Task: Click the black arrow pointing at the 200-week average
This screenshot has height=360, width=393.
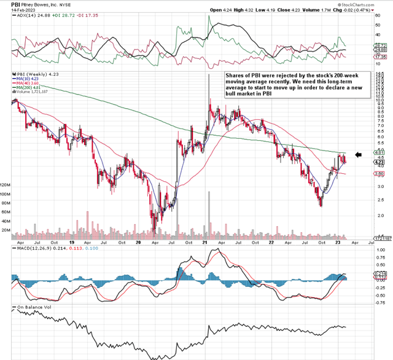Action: pyautogui.click(x=360, y=155)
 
